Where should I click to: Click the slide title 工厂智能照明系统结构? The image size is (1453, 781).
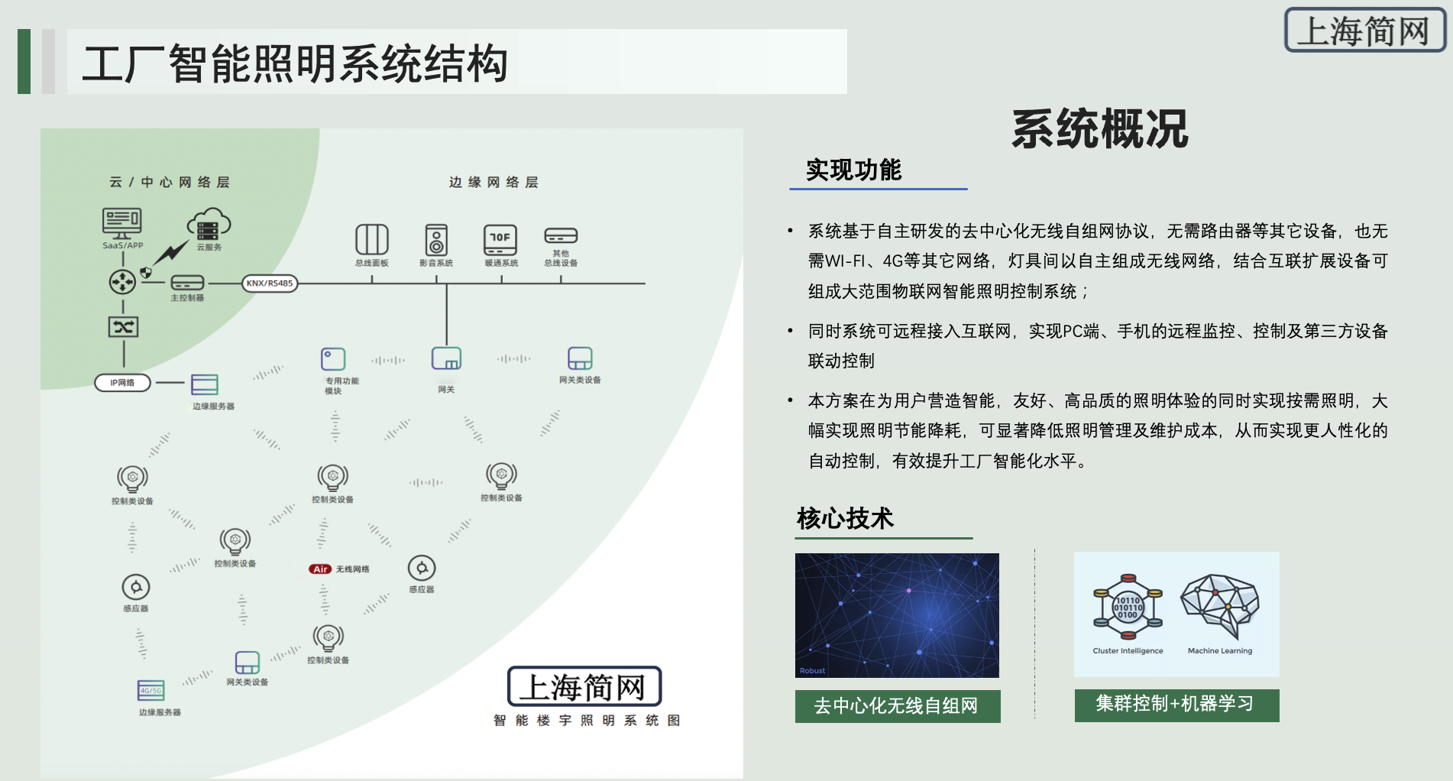tap(295, 63)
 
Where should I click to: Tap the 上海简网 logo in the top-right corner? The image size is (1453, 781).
tap(1364, 31)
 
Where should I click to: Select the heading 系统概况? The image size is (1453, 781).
tap(1099, 128)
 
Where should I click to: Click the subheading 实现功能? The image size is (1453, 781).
tap(853, 170)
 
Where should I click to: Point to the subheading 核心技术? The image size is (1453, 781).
tap(845, 518)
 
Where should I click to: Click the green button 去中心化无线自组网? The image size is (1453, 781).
tap(897, 705)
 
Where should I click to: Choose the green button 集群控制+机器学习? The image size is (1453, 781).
tap(1176, 704)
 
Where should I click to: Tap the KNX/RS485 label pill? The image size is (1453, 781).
tap(270, 283)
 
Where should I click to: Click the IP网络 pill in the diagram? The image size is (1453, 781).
tap(122, 382)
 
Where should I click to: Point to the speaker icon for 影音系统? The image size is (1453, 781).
tap(436, 240)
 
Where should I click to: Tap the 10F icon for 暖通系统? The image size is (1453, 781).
tap(500, 239)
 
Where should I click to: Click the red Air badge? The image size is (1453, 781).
tap(320, 569)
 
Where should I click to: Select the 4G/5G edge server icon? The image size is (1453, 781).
tap(151, 690)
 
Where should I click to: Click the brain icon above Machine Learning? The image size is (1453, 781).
tap(1220, 607)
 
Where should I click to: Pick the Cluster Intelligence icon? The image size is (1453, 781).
tap(1128, 607)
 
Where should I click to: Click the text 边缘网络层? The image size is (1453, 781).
tap(494, 182)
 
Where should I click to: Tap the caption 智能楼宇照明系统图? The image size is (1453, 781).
tap(586, 720)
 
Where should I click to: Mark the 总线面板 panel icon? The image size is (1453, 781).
tap(372, 239)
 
